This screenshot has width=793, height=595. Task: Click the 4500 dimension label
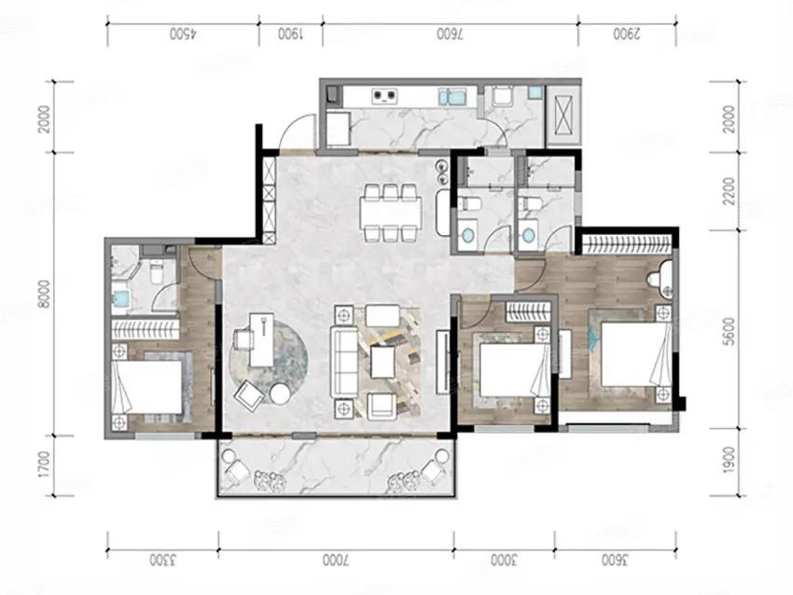pyautogui.click(x=185, y=35)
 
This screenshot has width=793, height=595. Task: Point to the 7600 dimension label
pyautogui.click(x=451, y=35)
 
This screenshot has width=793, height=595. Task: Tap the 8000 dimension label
pyautogui.click(x=45, y=293)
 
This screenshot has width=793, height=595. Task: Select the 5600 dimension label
pyautogui.click(x=730, y=332)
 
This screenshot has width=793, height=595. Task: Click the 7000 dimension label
pyautogui.click(x=335, y=560)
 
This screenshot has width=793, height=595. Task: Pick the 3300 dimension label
pyautogui.click(x=162, y=560)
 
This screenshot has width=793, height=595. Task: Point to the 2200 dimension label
pyautogui.click(x=730, y=191)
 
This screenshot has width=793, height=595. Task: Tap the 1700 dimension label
pyautogui.click(x=45, y=464)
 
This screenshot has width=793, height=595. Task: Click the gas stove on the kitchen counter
pyautogui.click(x=384, y=96)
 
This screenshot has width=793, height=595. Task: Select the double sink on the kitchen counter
pyautogui.click(x=452, y=96)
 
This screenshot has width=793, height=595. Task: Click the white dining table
pyautogui.click(x=390, y=212)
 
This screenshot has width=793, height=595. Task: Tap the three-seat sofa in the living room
pyautogui.click(x=344, y=362)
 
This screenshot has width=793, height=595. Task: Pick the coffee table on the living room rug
pyautogui.click(x=383, y=362)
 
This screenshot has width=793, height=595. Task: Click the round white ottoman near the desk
pyautogui.click(x=279, y=394)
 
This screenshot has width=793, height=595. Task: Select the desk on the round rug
pyautogui.click(x=261, y=339)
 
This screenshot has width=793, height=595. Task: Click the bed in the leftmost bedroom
pyautogui.click(x=146, y=387)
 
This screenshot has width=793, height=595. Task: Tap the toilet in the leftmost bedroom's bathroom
pyautogui.click(x=158, y=271)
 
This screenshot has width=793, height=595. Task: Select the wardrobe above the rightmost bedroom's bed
pyautogui.click(x=627, y=245)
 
